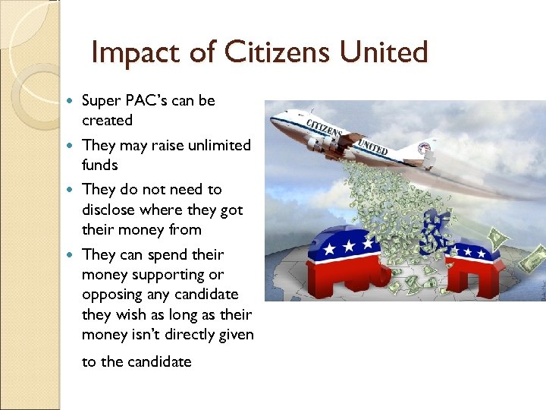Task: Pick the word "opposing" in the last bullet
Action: [113, 294]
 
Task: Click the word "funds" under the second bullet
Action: [100, 165]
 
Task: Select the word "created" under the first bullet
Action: [107, 121]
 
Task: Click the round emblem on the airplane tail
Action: [426, 147]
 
